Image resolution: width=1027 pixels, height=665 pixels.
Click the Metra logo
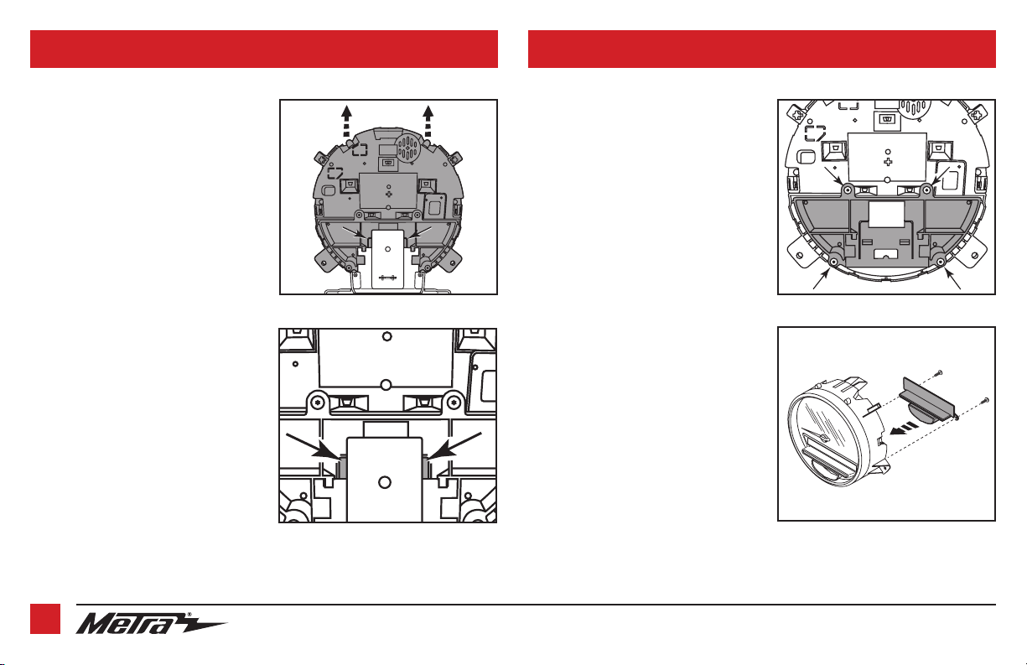coord(151,624)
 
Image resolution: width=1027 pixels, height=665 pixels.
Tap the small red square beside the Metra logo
coord(45,619)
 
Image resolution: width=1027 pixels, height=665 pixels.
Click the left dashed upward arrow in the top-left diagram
coord(347,121)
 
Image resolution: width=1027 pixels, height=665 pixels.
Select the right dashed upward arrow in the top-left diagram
coord(428,121)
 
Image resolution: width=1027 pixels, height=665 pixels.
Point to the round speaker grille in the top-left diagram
coord(407,148)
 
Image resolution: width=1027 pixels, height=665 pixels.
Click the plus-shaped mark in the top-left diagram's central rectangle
coord(389,195)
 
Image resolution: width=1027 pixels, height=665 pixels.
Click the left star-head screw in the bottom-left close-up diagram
coord(318,403)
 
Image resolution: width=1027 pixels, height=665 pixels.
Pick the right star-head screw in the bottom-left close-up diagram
coord(454,403)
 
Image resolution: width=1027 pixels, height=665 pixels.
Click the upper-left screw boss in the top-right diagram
coord(848,190)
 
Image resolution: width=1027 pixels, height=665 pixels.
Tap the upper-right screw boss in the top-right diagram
coord(926,190)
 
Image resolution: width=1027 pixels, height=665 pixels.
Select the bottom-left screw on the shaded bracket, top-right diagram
coord(834,261)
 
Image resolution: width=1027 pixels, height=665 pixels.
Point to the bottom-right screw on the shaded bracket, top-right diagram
coord(941,261)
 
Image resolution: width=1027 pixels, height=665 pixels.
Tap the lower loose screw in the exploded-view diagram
coord(983,401)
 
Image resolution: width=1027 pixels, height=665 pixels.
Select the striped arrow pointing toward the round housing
coord(903,429)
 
